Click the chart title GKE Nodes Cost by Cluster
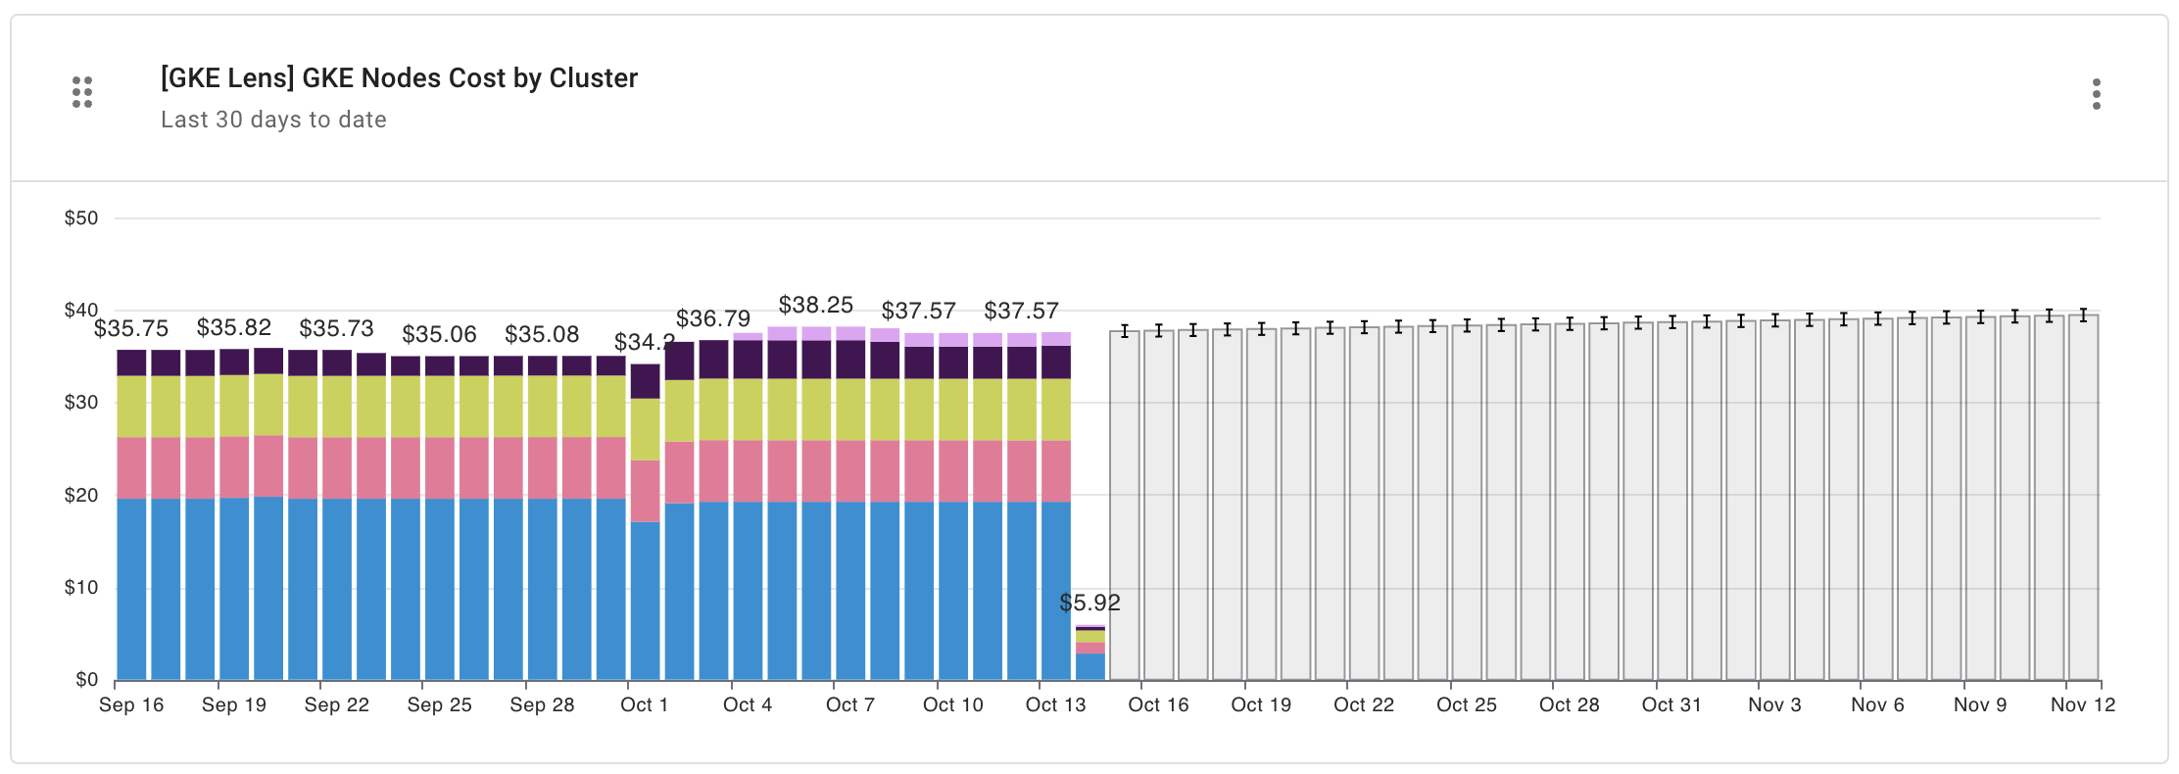(399, 78)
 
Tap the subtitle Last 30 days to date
(273, 120)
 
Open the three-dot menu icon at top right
(2096, 94)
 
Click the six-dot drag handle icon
(82, 92)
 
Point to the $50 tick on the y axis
(81, 218)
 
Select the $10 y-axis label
(81, 587)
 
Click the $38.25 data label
(815, 305)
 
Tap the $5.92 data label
(1089, 603)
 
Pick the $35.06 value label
(439, 334)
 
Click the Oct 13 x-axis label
(1055, 704)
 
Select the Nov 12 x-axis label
(2083, 704)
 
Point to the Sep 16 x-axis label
(131, 704)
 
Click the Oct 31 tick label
(1671, 704)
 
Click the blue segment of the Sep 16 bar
(131, 588)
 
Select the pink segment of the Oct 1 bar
(645, 490)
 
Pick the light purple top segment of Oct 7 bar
(850, 333)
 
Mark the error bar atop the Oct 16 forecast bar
(1159, 330)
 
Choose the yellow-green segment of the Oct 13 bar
(1056, 410)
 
